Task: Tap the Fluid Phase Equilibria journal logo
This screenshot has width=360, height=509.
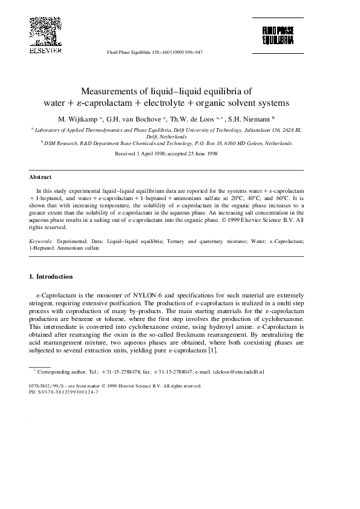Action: click(278, 36)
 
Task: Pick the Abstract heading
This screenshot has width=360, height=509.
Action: click(39, 177)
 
